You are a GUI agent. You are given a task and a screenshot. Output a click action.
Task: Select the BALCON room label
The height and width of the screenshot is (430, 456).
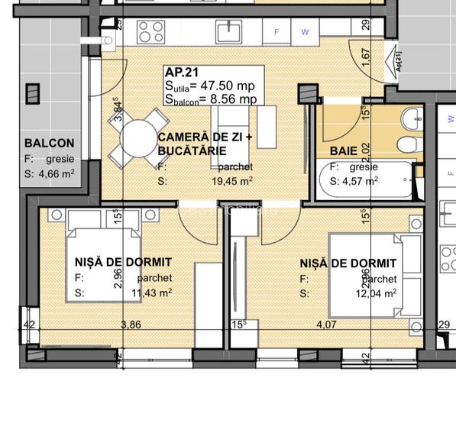[50, 143]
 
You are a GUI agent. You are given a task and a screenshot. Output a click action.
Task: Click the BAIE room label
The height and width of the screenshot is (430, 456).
[344, 150]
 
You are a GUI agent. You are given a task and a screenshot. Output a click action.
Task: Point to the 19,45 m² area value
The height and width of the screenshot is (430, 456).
[232, 181]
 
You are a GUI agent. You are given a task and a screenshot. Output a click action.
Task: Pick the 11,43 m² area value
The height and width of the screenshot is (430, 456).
[152, 293]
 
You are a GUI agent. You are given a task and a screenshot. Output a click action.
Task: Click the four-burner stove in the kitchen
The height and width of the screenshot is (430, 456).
[150, 32]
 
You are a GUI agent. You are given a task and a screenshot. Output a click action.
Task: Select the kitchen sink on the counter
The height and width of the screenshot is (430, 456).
[228, 31]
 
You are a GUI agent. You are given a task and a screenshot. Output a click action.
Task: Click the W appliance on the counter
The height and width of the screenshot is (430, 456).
[305, 32]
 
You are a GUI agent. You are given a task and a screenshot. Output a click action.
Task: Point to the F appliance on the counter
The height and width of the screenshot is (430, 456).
[277, 32]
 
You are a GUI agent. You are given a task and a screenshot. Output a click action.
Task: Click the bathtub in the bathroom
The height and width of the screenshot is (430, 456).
[368, 183]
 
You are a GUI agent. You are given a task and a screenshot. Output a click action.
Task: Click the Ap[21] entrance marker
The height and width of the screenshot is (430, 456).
[399, 60]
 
